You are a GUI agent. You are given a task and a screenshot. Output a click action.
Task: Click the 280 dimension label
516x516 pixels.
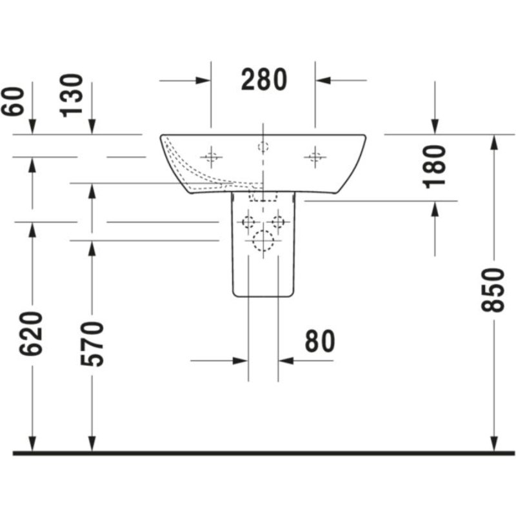pyautogui.click(x=264, y=79)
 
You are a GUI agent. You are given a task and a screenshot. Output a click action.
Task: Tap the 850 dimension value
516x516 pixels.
pyautogui.click(x=493, y=290)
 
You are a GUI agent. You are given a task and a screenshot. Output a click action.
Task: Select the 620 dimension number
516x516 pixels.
pyautogui.click(x=31, y=333)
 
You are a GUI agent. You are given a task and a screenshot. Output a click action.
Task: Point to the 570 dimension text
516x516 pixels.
pyautogui.click(x=92, y=344)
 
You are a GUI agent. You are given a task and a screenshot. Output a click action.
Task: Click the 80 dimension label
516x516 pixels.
pyautogui.click(x=320, y=341)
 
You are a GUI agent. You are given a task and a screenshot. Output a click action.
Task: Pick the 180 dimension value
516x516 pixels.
pyautogui.click(x=435, y=167)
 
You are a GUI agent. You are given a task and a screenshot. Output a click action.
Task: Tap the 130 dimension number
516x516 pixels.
pyautogui.click(x=71, y=95)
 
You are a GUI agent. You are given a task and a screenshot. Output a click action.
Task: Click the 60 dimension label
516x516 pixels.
pyautogui.click(x=12, y=101)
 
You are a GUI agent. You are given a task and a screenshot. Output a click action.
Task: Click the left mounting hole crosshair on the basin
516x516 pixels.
pyautogui.click(x=212, y=157)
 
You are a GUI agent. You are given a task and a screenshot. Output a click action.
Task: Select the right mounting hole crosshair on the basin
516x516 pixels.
pyautogui.click(x=315, y=157)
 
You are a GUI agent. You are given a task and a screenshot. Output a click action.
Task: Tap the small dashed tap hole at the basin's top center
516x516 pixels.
pyautogui.click(x=263, y=146)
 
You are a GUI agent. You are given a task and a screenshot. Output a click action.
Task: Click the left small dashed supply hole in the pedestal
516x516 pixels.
pyautogui.click(x=248, y=222)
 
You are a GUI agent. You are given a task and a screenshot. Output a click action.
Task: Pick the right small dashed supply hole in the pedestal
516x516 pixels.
pyautogui.click(x=278, y=222)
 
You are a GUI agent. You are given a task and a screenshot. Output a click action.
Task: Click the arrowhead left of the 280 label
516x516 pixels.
pyautogui.click(x=203, y=80)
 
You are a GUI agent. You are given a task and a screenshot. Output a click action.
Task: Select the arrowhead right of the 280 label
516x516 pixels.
pyautogui.click(x=324, y=80)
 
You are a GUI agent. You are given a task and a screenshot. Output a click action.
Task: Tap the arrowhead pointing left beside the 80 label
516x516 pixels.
pyautogui.click(x=286, y=361)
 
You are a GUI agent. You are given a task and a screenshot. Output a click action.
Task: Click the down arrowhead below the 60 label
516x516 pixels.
pyautogui.click(x=32, y=127)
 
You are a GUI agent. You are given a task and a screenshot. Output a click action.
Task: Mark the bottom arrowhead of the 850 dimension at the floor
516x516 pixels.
pyautogui.click(x=493, y=444)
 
